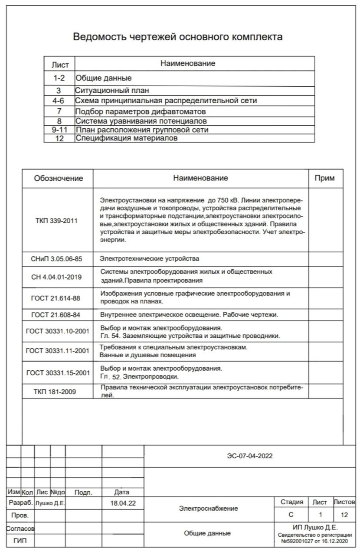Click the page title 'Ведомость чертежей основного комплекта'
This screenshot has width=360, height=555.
coord(178,37)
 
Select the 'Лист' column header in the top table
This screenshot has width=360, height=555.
coord(60,65)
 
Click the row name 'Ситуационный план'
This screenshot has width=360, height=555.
coord(112,91)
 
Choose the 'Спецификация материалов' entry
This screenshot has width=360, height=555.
coord(126,138)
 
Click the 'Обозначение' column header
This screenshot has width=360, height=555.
coord(58,178)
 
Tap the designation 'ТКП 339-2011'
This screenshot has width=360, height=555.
coord(56,220)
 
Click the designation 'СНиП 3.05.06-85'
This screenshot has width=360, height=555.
coord(56,259)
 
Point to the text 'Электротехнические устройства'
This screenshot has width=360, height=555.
coord(149,259)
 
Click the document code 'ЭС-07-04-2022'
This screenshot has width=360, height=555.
coord(250,456)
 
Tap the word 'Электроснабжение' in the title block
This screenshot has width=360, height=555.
coord(208,509)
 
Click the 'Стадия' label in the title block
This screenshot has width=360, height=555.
coord(291,502)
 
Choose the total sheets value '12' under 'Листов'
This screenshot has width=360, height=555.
coord(344,515)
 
